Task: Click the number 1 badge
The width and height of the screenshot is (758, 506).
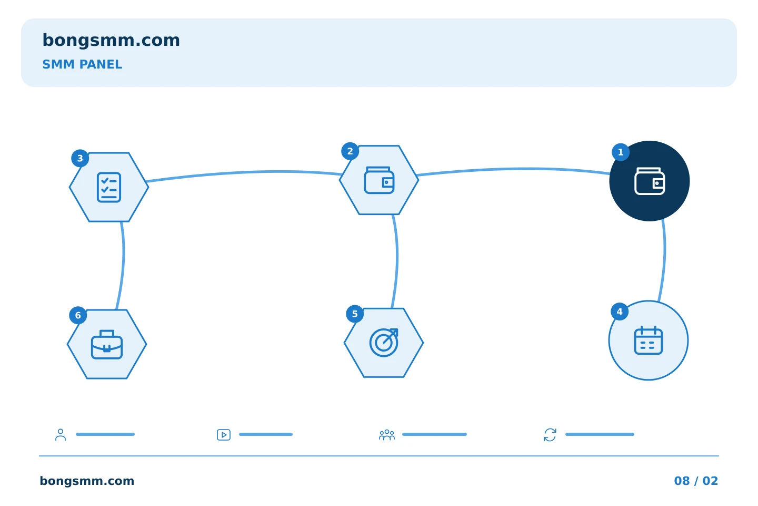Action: point(621,152)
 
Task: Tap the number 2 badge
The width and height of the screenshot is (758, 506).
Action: point(350,151)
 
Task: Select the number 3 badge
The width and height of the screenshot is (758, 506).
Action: point(80,158)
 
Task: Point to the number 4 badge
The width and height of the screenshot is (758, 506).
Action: point(620,312)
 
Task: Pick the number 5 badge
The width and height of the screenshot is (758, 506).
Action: point(355,314)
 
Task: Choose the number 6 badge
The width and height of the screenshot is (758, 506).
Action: point(78,315)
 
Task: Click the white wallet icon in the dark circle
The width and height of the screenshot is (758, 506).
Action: point(650,181)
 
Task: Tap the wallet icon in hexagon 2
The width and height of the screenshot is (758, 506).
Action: point(380,180)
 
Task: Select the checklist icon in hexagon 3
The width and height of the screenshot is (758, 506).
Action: point(109,188)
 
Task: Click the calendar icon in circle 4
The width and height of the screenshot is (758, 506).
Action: point(649,340)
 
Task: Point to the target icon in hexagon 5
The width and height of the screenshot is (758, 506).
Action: point(384,342)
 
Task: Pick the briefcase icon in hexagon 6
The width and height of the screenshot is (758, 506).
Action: point(107,344)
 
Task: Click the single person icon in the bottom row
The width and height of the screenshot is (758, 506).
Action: point(61,435)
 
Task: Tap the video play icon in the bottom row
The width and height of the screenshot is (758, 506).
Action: point(224,435)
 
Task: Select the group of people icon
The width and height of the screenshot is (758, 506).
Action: point(387,435)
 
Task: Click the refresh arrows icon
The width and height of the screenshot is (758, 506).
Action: point(550,435)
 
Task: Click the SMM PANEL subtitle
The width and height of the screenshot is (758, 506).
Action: point(82,64)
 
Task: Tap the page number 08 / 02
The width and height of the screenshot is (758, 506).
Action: point(696,481)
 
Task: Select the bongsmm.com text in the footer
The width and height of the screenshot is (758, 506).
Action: point(87,481)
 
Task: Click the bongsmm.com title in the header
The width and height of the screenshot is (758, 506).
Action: point(111,41)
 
